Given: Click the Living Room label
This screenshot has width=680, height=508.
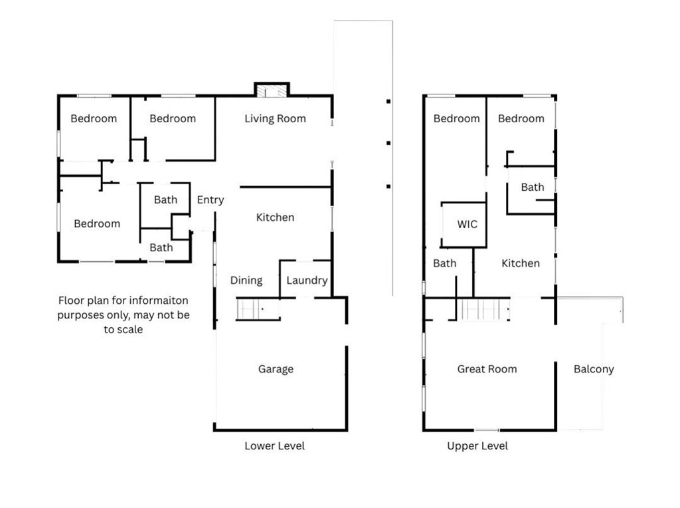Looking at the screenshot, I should [x=275, y=119].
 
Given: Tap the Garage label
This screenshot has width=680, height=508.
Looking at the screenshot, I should [x=276, y=369].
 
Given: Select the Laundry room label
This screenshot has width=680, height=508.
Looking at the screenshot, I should [x=307, y=281].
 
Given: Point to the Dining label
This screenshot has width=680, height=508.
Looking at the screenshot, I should [x=246, y=281].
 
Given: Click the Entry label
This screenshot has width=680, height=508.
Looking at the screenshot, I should [x=211, y=200].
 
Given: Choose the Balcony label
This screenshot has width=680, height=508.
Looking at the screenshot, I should [x=594, y=369].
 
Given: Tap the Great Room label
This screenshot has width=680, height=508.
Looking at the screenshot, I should [x=487, y=369].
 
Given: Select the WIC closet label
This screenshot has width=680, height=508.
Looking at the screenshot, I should [x=467, y=224].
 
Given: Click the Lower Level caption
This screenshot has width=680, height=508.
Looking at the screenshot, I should [x=274, y=445].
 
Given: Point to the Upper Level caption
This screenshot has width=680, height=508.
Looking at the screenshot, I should [x=477, y=445].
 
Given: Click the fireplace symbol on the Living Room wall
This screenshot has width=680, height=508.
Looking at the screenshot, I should [x=272, y=91].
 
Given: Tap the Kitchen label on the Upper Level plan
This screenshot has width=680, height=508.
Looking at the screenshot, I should [x=520, y=263].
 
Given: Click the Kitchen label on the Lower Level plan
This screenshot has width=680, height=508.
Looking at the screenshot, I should [x=275, y=217].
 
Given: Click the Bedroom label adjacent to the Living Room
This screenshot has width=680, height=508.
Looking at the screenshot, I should [x=173, y=119].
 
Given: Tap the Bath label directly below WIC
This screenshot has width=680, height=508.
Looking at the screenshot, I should [x=444, y=263].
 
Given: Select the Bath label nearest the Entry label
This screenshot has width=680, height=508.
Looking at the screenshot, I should [x=165, y=199].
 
